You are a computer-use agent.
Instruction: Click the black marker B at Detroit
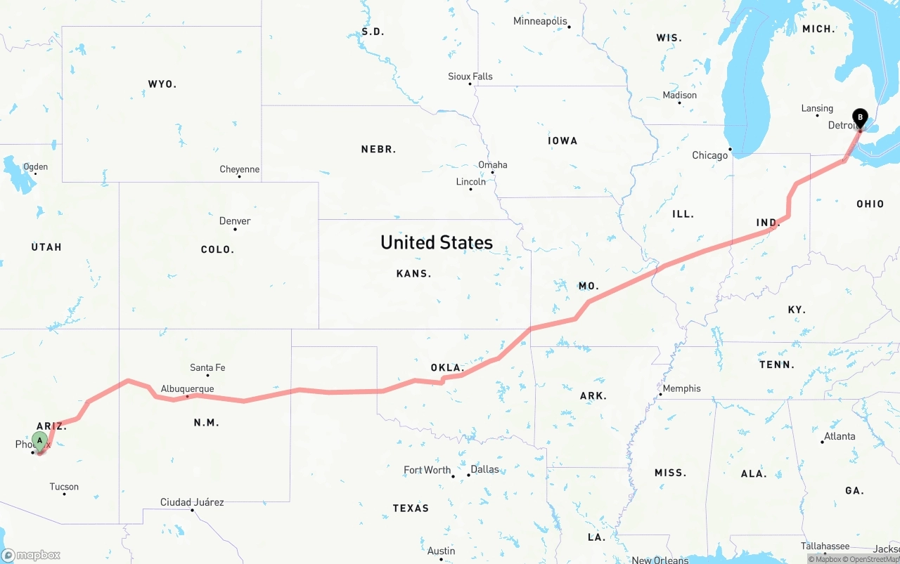coord(859,118)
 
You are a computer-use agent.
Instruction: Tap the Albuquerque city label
coord(187,388)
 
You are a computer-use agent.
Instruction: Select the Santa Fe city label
coord(207,367)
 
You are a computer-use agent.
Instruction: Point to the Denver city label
coord(235,221)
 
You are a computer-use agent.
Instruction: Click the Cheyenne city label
coord(239,169)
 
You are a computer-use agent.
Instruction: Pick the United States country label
coord(436,242)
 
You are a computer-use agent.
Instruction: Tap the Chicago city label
coord(709,155)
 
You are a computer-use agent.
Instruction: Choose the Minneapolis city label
coord(539,21)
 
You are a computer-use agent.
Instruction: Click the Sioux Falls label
coord(470,76)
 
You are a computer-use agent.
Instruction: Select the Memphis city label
coord(681,388)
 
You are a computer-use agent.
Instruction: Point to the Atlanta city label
coord(840,436)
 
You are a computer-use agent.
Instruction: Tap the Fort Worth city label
coord(427,470)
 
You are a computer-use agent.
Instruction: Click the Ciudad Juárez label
coord(192,501)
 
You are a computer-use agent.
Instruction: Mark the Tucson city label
coord(64,487)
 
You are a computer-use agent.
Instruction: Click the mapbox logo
coord(31,555)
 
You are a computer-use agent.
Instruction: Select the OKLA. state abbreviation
coord(448,368)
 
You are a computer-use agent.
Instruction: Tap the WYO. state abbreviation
coord(162,84)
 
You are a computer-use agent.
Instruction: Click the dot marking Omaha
coord(493,172)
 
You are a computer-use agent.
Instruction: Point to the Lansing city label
coord(817,108)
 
